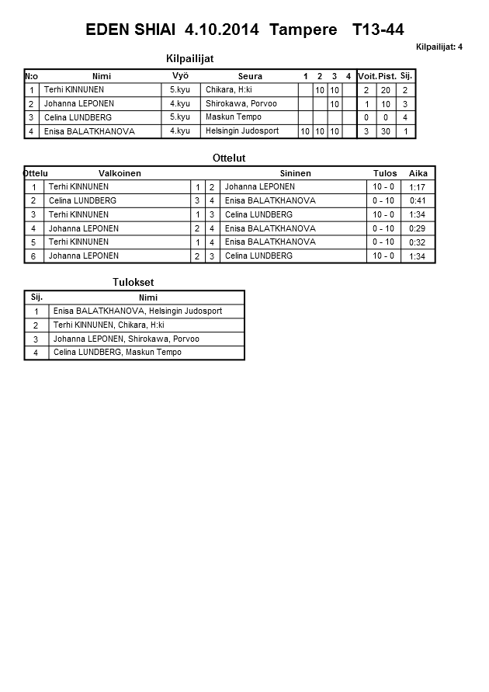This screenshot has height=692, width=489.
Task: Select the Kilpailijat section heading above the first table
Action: coord(190,58)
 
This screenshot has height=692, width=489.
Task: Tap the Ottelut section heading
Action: coord(229,158)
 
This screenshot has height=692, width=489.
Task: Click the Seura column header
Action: coord(250,76)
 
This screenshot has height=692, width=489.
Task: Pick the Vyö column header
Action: coord(180,75)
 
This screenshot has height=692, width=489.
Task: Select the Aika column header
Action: coord(418,173)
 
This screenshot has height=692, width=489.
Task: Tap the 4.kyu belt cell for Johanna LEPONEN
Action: coord(179,104)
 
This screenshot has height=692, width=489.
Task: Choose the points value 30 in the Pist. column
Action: coord(387,131)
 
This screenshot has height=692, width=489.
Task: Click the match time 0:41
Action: coord(418,201)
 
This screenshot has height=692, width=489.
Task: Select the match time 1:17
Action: coord(418,187)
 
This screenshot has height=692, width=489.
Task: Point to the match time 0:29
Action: coord(418,228)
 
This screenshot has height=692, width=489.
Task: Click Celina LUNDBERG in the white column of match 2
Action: coord(82,200)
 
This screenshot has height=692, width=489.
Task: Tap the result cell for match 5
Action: coord(383,242)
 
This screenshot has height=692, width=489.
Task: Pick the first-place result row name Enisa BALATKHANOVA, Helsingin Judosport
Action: coord(137,311)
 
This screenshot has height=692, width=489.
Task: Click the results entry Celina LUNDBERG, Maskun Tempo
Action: coord(117,353)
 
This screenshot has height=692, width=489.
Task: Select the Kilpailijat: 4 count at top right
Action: coord(439,47)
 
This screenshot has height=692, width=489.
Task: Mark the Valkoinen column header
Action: coord(120,173)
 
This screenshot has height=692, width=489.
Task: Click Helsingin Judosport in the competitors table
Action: coord(242,131)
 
